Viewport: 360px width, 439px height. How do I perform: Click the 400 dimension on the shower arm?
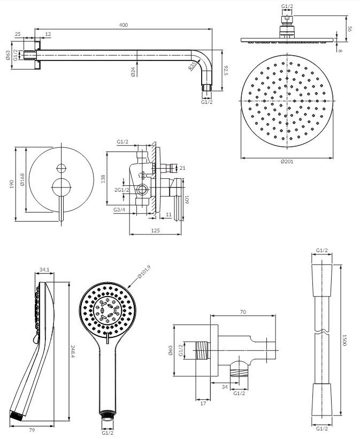click(124, 25)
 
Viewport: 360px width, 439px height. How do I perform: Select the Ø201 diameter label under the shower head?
click(287, 161)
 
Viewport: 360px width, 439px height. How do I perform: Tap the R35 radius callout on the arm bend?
click(192, 66)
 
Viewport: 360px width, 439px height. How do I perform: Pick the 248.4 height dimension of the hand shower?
click(73, 351)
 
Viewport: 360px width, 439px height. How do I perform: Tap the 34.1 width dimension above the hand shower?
click(45, 270)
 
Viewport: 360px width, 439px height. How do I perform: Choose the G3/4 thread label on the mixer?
click(119, 210)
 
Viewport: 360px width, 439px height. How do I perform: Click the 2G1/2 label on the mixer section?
click(121, 190)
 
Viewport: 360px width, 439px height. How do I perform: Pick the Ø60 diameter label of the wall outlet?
click(170, 351)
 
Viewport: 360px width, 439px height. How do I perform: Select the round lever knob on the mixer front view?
click(60, 187)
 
